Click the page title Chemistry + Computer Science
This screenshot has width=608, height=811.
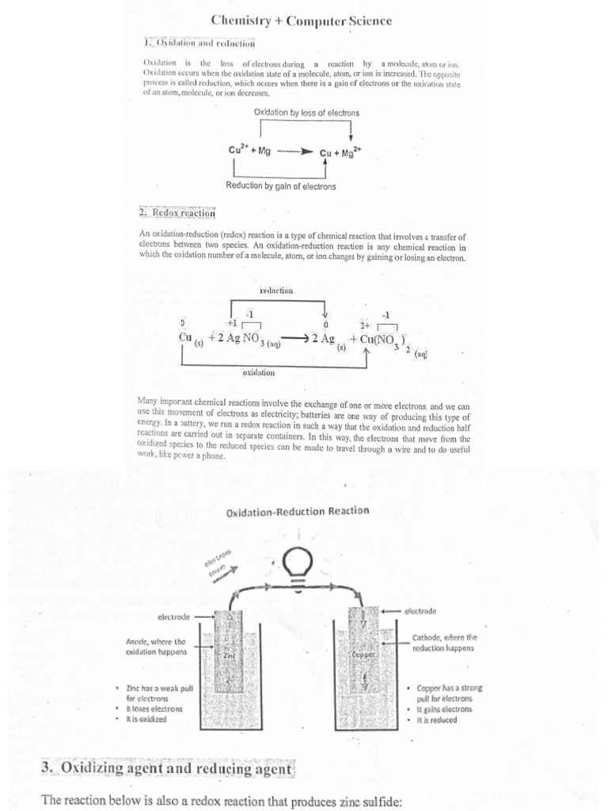click(x=301, y=21)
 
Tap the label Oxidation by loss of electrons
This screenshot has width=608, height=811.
click(x=306, y=113)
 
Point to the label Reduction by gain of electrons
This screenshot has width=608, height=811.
click(x=281, y=186)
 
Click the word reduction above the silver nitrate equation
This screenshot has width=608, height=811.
click(x=276, y=291)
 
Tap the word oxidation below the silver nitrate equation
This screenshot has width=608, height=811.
click(x=258, y=371)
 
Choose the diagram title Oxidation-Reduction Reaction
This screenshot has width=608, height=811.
click(x=298, y=511)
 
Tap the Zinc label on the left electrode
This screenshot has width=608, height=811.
click(x=229, y=657)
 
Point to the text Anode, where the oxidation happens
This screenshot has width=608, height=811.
click(x=156, y=646)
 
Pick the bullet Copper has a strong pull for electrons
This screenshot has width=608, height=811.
click(x=443, y=694)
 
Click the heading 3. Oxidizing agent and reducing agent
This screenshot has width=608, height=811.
click(x=167, y=769)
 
